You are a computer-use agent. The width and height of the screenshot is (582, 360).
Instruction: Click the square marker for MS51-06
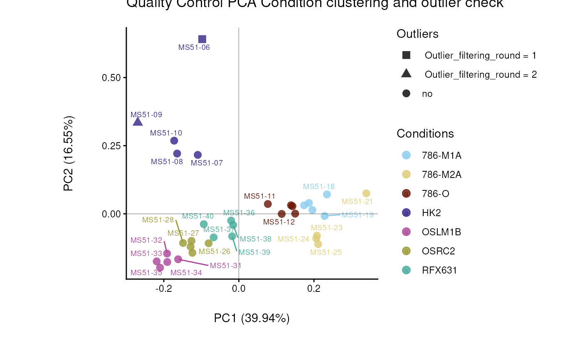coord(202,39)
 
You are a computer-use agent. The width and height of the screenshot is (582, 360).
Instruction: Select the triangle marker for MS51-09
coord(138,121)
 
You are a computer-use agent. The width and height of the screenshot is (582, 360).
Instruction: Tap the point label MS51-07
coord(207,163)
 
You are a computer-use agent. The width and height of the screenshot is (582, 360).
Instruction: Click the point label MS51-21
coord(357,202)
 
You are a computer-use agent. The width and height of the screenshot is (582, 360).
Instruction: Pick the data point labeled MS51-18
coord(327,195)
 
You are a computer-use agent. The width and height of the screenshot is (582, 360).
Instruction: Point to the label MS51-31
coord(225,266)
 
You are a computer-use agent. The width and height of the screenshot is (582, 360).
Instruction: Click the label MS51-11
coord(259,196)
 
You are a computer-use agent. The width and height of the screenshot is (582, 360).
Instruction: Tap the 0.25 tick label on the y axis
coord(111,146)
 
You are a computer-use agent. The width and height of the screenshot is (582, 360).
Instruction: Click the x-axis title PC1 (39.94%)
coord(252,318)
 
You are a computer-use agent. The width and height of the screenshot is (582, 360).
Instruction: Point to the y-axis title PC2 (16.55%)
coord(69,154)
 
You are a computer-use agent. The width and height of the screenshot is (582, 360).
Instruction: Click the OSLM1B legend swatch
coord(406,232)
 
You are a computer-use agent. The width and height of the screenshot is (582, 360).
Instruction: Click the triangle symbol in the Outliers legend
coord(406,74)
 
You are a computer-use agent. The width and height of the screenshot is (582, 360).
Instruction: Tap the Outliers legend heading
coord(417,34)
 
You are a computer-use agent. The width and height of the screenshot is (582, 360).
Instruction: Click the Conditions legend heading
coord(425,134)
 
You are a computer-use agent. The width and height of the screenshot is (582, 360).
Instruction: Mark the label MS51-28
coord(158,220)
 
